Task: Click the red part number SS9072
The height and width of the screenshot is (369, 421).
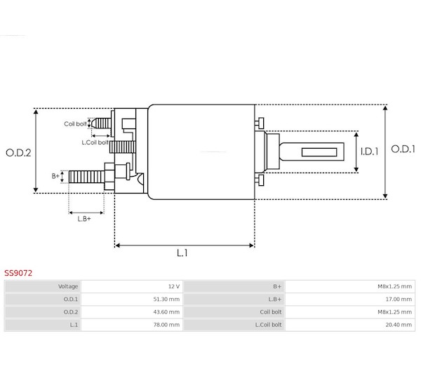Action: click(18, 273)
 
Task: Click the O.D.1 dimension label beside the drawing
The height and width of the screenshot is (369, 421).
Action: click(403, 149)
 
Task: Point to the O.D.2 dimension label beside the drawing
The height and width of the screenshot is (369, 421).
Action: click(18, 153)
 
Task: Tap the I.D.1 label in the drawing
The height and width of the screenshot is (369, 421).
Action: click(369, 152)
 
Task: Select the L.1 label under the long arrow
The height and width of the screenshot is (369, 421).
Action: click(182, 253)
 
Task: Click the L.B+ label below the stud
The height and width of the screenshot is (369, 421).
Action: click(84, 219)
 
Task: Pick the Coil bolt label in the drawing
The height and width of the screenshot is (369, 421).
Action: click(75, 123)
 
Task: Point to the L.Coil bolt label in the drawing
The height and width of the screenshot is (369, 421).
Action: click(95, 142)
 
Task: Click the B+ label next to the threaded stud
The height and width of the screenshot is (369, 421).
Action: click(55, 176)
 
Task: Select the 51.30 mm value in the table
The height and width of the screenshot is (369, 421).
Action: click(166, 299)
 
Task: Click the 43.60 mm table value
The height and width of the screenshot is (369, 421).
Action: click(166, 312)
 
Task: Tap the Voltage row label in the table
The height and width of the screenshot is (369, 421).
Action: click(68, 286)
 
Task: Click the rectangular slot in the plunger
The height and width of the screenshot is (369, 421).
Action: click(319, 152)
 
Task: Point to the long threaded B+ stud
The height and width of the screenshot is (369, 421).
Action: click(86, 177)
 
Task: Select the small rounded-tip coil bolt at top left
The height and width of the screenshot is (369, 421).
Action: click(101, 123)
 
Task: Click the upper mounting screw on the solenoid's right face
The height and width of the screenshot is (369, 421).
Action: click(260, 123)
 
